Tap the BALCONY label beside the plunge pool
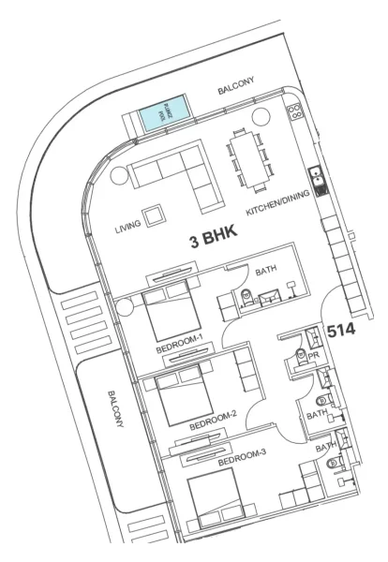point(238,91)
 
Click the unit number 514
point(341,330)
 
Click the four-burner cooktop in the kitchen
point(294,111)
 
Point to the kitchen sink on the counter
point(317,175)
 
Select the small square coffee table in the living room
point(151,213)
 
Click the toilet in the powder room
point(302,355)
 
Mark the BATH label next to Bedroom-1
point(266,273)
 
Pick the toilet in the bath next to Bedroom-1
point(247,295)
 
